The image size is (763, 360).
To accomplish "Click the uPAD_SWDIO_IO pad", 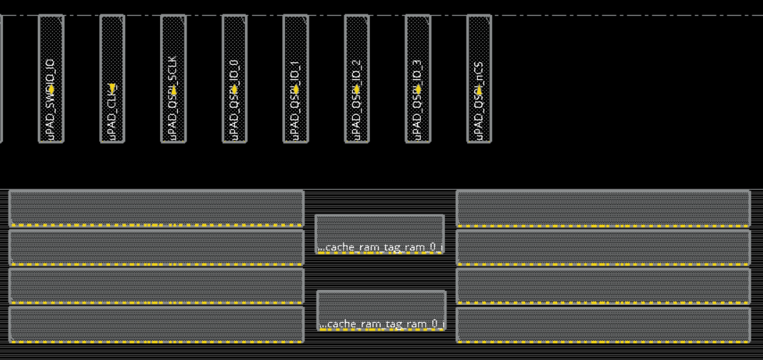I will (51, 50).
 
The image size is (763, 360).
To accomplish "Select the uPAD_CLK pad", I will (112, 50).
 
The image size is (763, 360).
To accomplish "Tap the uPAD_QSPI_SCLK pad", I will (173, 50).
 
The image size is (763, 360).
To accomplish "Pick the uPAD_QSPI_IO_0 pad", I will (234, 50).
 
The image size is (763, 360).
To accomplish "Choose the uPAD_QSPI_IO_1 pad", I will (296, 50).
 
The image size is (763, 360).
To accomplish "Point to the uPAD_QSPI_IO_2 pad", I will (357, 50).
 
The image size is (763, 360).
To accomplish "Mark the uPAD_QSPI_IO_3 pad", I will (418, 50).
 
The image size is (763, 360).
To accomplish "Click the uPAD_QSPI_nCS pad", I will (479, 50).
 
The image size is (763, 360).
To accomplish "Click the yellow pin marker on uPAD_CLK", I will (112, 89).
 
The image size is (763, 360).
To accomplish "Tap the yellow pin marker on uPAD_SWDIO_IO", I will (51, 89).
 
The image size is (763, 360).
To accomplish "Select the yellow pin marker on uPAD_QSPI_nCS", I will (479, 89).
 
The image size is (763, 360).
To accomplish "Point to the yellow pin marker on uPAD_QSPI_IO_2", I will (357, 89).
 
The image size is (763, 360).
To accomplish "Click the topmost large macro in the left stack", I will (156, 207).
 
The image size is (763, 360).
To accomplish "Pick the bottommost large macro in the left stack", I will (156, 324).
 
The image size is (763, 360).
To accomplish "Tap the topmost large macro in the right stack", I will (603, 207).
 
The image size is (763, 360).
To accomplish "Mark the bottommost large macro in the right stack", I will (603, 324).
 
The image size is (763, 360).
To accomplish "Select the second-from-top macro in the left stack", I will (156, 246).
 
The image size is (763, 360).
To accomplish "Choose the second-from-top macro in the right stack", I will (603, 246).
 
